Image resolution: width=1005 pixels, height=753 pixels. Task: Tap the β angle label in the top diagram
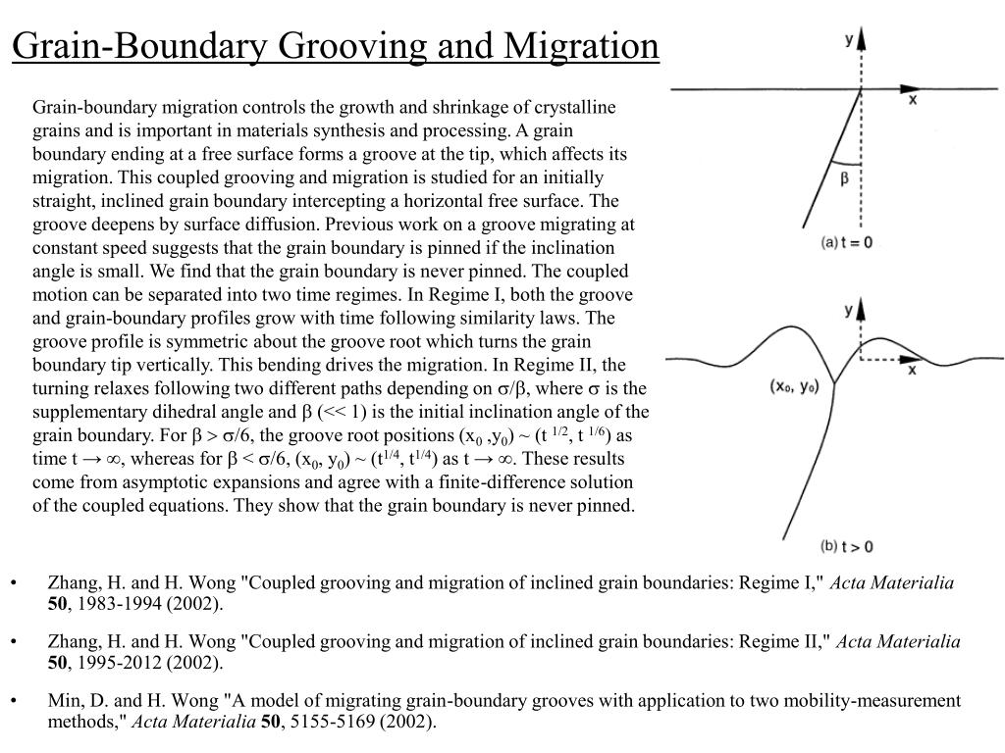844,178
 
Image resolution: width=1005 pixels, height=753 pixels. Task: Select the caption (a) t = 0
847,242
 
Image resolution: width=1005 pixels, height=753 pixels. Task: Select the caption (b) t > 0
846,546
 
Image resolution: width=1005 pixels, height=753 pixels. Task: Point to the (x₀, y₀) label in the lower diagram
794,386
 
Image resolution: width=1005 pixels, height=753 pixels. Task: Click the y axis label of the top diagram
848,39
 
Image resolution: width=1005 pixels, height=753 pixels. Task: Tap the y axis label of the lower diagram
848,310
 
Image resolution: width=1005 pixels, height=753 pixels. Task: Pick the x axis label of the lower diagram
912,370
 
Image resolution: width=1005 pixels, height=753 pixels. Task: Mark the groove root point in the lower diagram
834,383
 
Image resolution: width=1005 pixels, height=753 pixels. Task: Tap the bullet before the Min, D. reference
16,701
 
